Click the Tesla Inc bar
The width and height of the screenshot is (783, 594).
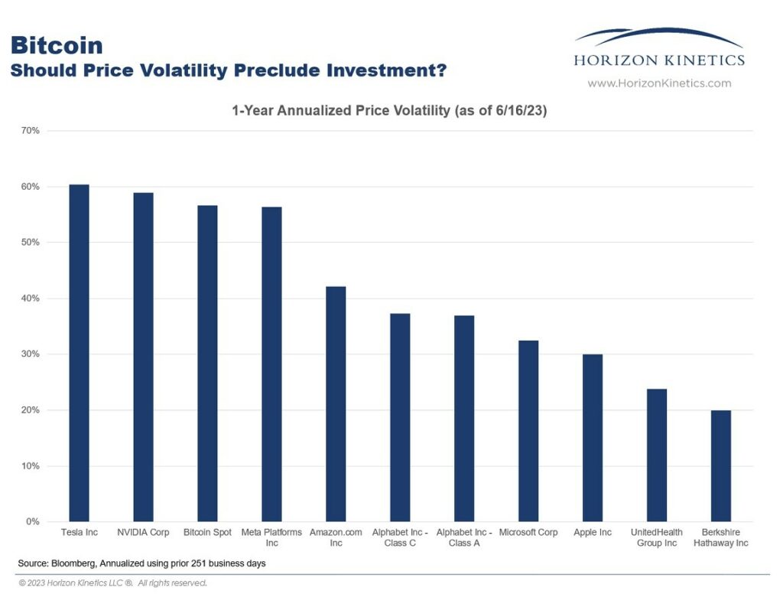point(79,353)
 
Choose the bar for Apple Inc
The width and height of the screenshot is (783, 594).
point(593,438)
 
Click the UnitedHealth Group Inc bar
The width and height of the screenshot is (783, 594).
point(657,455)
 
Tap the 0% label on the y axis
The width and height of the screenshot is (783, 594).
point(33,522)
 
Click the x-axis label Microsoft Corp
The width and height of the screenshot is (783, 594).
point(528,532)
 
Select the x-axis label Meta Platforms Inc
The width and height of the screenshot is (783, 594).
point(271,537)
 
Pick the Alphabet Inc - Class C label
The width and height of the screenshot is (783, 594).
point(400,537)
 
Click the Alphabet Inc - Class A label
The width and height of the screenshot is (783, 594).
point(464,537)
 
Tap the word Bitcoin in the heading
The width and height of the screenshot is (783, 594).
point(57,45)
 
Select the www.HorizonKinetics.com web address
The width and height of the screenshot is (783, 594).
point(659,83)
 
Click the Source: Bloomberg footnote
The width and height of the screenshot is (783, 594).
point(142,563)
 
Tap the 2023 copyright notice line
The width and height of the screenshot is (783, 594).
point(113,583)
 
